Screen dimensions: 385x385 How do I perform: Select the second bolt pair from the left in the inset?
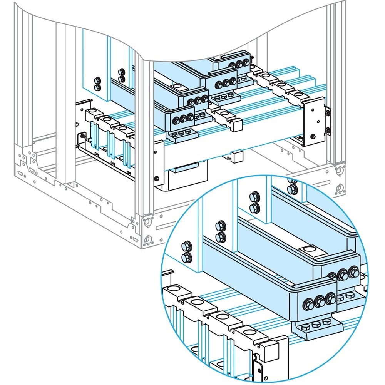click(x=220, y=231)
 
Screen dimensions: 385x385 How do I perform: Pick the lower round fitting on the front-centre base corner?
click(x=147, y=239)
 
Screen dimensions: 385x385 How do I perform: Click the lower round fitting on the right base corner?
click(x=339, y=188)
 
